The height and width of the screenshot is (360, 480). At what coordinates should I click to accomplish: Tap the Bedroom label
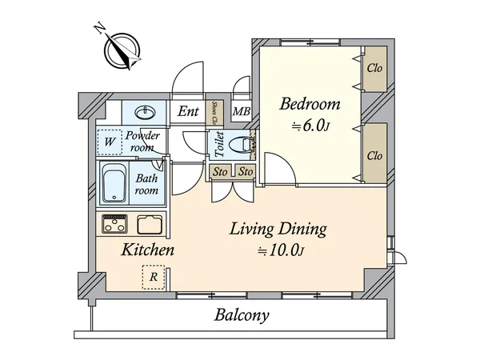[310, 104]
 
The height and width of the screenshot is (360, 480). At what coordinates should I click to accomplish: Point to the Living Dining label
[278, 230]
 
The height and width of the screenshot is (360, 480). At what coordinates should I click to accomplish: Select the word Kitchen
[148, 250]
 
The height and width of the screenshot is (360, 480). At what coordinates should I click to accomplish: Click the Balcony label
[241, 314]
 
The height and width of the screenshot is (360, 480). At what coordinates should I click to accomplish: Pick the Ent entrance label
[188, 111]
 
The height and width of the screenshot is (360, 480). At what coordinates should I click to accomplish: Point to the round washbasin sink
[146, 112]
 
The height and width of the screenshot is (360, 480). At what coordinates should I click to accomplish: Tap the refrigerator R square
[152, 277]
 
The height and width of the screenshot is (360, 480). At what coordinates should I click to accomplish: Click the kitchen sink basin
[150, 224]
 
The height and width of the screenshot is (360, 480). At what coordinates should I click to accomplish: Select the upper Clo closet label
[374, 68]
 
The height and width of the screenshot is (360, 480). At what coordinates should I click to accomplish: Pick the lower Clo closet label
[374, 154]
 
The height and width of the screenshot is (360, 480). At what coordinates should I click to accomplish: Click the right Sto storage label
[246, 171]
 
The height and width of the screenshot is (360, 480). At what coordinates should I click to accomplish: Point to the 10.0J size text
[281, 250]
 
